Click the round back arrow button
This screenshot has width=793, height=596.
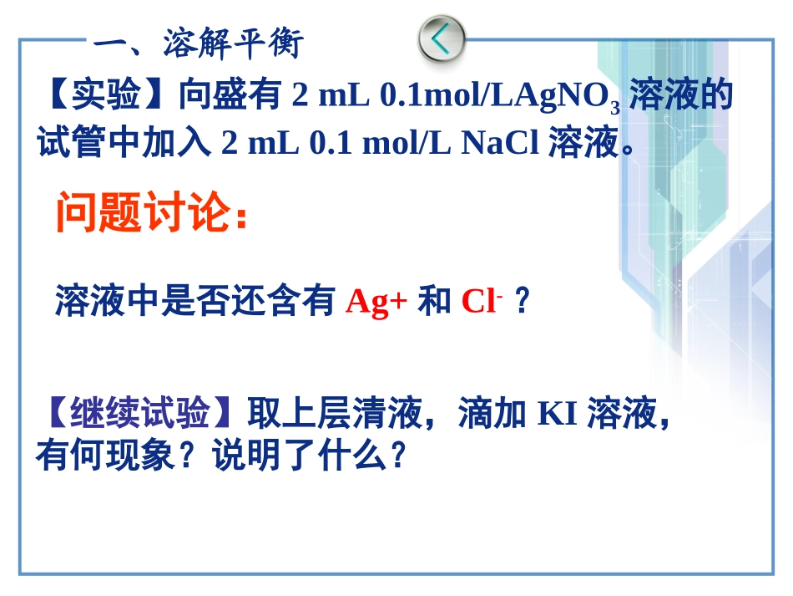coord(441,38)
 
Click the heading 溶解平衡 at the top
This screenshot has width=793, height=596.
coord(233,43)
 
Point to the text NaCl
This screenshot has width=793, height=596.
coord(500,144)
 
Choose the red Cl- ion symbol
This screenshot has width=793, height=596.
coord(480,302)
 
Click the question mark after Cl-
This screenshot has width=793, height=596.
coord(523,302)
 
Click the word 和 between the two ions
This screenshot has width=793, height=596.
coord(434,302)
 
